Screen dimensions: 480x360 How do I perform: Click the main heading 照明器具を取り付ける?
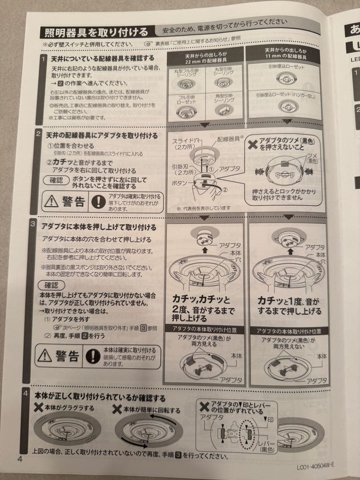tap(95, 33)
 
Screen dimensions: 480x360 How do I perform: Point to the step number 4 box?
tap(26, 393)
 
